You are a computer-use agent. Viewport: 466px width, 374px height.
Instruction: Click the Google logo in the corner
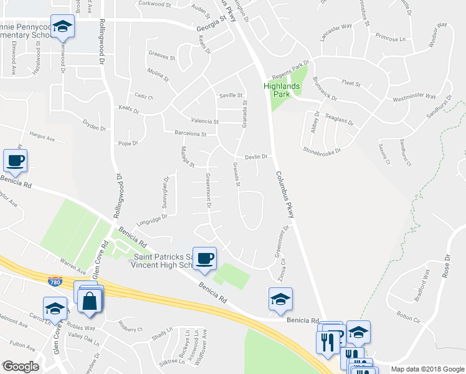(x=21, y=367)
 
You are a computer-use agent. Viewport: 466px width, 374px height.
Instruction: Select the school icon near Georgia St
(x=62, y=27)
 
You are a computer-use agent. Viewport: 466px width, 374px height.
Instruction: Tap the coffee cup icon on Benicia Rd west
(x=16, y=161)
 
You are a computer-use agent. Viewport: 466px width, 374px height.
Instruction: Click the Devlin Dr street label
(x=256, y=157)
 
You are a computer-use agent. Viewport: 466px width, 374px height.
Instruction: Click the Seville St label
(x=231, y=95)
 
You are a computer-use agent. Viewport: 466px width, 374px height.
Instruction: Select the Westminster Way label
(x=414, y=97)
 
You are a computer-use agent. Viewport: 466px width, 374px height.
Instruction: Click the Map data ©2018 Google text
(x=427, y=369)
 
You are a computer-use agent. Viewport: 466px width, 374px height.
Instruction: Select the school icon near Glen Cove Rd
(x=55, y=308)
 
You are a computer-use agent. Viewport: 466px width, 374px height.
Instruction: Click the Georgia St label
(x=210, y=26)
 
